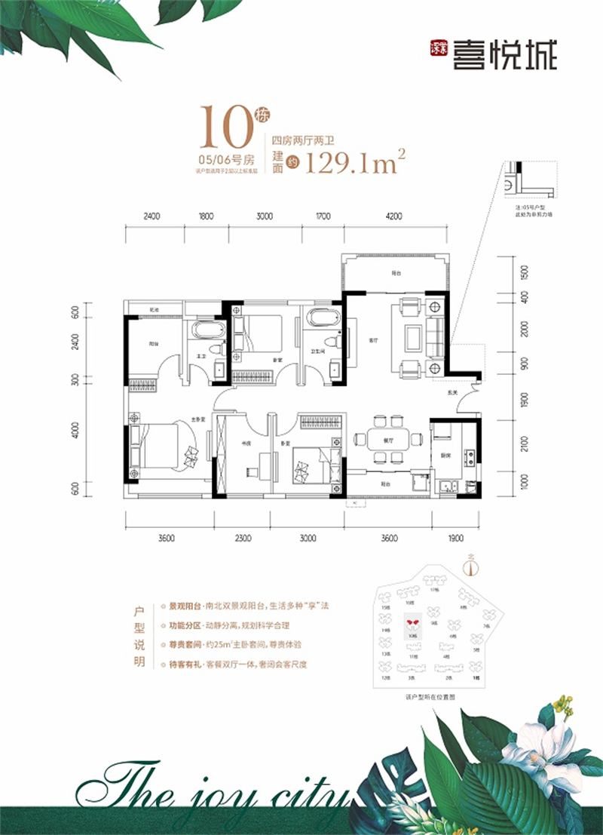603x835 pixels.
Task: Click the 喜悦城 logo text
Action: point(504,56)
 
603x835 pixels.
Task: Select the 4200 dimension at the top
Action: point(393,216)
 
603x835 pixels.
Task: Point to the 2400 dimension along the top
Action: point(152,216)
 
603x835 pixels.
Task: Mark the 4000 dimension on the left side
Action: point(75,430)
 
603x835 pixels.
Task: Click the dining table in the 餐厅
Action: point(384,438)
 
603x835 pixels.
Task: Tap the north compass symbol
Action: point(473,566)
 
